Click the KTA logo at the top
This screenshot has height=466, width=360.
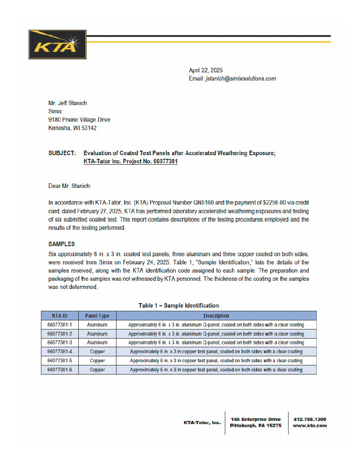point(57,44)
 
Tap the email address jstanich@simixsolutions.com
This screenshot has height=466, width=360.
point(241,79)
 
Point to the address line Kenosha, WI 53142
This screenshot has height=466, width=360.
point(72,128)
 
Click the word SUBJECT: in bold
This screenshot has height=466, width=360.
point(62,153)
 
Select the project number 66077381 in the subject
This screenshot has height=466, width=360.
point(165,162)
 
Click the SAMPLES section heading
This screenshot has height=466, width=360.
point(61,244)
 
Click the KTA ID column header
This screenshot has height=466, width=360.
point(60,316)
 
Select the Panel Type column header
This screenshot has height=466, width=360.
point(97,316)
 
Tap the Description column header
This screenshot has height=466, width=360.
point(216,316)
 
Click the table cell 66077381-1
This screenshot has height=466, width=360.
point(60,325)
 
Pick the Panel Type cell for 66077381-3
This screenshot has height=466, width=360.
point(97,342)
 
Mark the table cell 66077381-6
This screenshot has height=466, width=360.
point(60,370)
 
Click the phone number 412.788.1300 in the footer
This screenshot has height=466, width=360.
point(310,419)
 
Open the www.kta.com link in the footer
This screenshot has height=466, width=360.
point(310,426)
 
